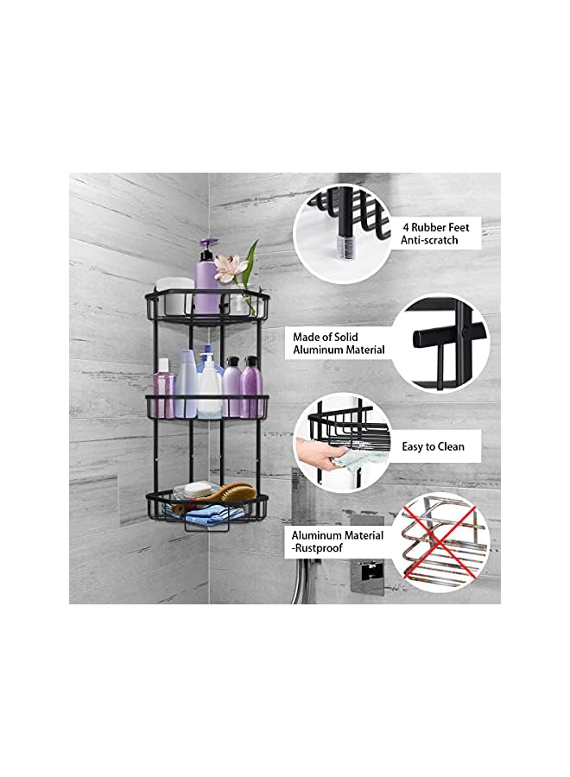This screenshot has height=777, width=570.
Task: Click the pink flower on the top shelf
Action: [x=228, y=268]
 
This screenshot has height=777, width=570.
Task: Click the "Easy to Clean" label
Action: [x=433, y=446]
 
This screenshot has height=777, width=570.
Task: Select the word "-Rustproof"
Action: [x=317, y=551]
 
